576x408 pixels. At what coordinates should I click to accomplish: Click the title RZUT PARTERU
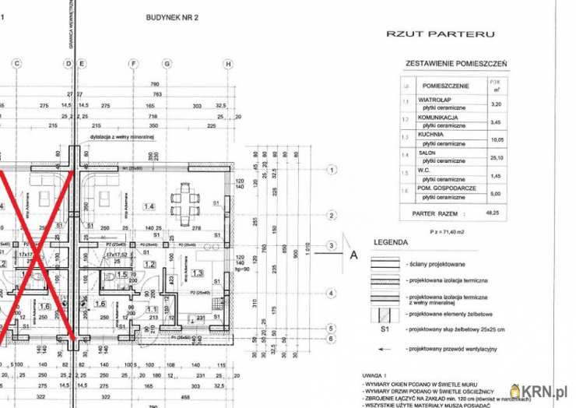tap(441, 33)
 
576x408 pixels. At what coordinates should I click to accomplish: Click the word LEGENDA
tap(390, 242)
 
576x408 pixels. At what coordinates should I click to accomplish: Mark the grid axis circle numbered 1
tap(332, 169)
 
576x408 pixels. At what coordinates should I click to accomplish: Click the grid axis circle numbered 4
tap(332, 294)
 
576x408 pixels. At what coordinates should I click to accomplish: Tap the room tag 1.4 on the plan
tap(149, 206)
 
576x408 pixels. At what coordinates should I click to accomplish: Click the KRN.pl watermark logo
tap(540, 391)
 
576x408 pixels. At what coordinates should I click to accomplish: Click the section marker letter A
tap(353, 253)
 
